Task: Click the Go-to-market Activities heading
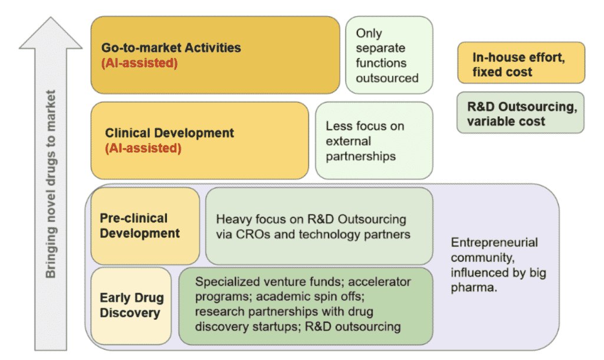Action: (x=171, y=48)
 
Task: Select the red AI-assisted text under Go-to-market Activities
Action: (x=139, y=63)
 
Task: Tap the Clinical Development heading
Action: (x=169, y=133)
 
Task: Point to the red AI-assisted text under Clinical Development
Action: (x=143, y=148)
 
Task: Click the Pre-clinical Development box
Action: (x=145, y=225)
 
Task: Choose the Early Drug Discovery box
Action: (x=131, y=305)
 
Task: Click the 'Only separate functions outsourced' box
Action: (x=389, y=55)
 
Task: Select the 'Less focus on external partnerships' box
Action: (x=374, y=140)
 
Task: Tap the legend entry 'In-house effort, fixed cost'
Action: (x=520, y=64)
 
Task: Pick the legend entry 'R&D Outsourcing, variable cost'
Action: (x=520, y=114)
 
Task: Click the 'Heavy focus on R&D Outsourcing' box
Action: (x=319, y=226)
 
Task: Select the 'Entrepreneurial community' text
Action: (x=494, y=250)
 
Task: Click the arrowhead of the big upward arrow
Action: (x=51, y=34)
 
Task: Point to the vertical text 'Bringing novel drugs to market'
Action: (x=51, y=183)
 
